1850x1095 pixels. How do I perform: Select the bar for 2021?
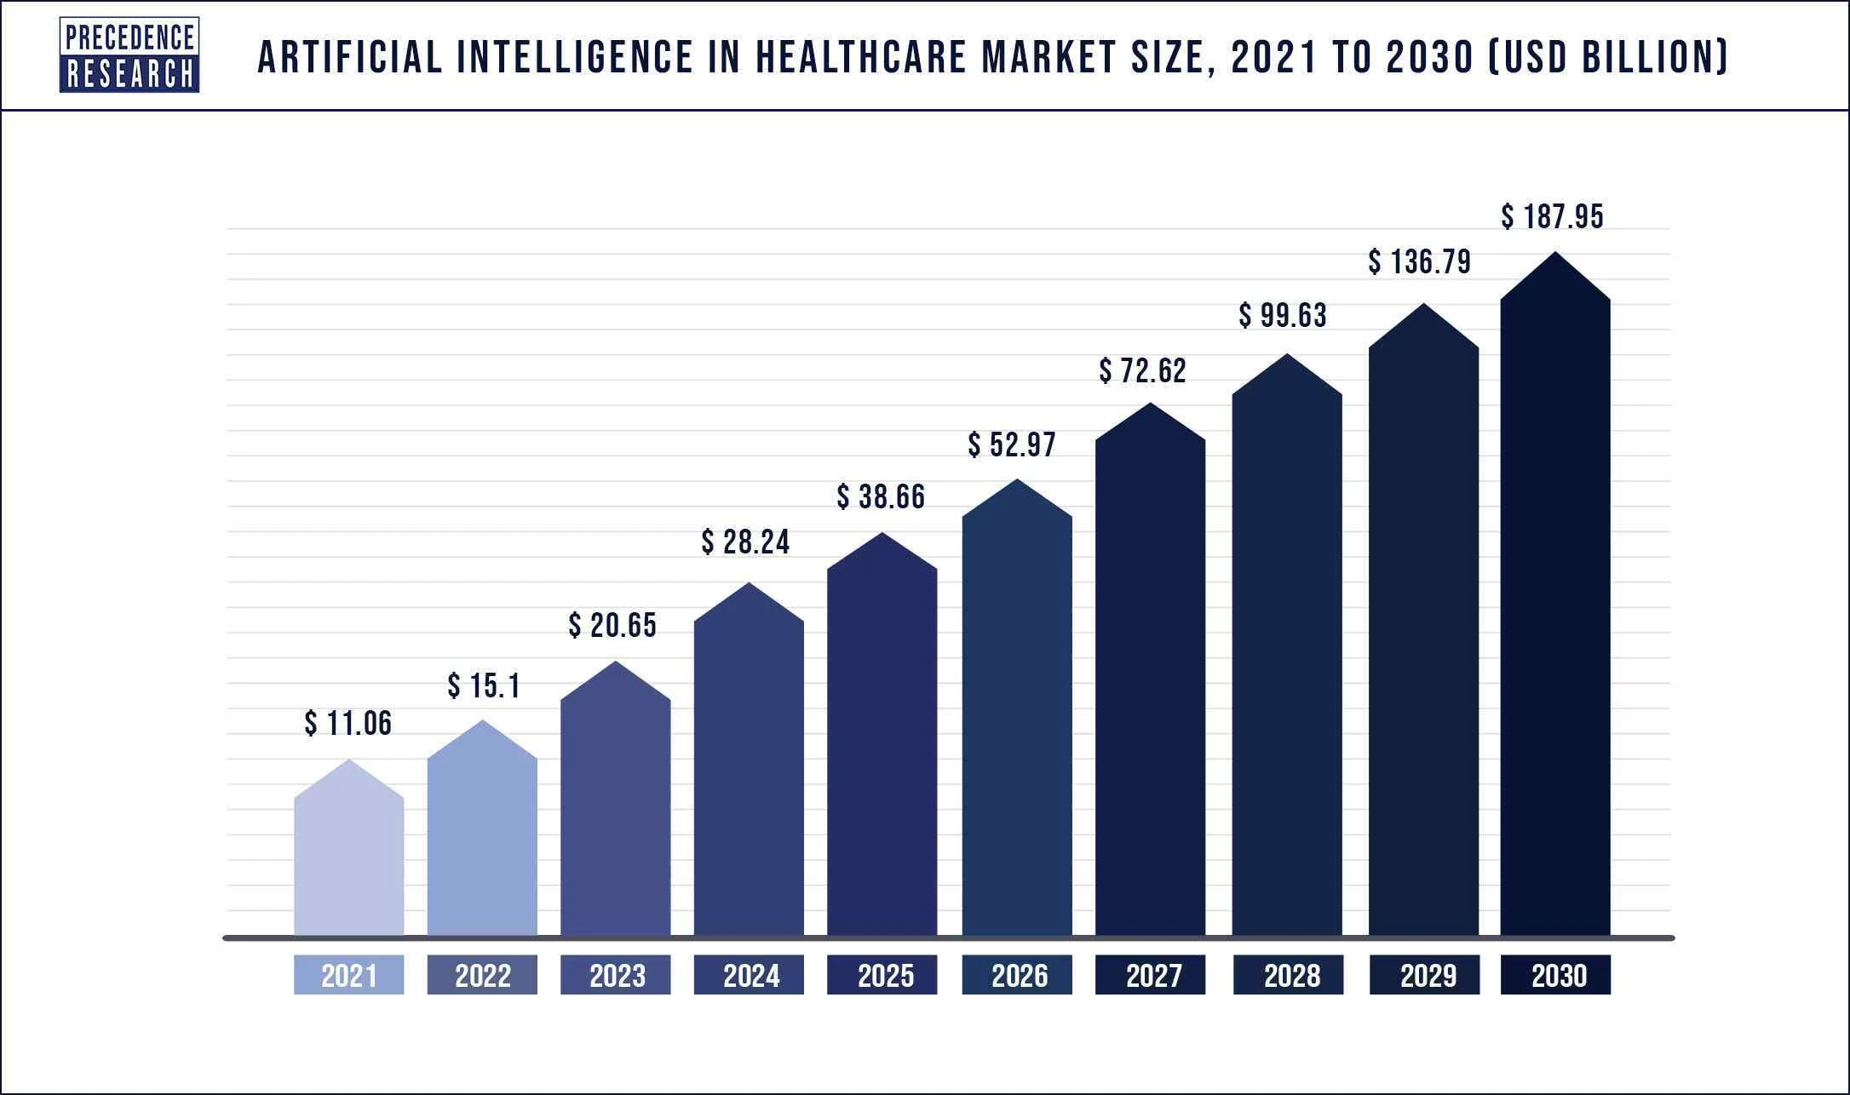(x=348, y=860)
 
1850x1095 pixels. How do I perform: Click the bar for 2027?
(x=1150, y=681)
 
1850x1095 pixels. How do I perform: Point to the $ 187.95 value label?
(x=1552, y=216)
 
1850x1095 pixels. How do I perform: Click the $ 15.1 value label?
(x=483, y=685)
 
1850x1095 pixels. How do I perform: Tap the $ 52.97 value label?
(x=1011, y=444)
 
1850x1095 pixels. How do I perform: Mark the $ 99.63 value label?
(x=1282, y=316)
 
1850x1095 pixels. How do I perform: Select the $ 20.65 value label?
(x=612, y=626)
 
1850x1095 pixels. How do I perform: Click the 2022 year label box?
(x=482, y=975)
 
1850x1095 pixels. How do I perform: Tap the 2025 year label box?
(x=882, y=975)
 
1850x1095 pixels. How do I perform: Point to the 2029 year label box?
(x=1424, y=975)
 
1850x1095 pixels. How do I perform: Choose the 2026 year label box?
(x=1017, y=975)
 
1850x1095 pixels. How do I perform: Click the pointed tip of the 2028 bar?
(x=1287, y=356)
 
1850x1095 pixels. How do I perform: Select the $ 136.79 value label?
(x=1419, y=261)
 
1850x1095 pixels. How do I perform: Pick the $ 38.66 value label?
(x=881, y=496)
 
